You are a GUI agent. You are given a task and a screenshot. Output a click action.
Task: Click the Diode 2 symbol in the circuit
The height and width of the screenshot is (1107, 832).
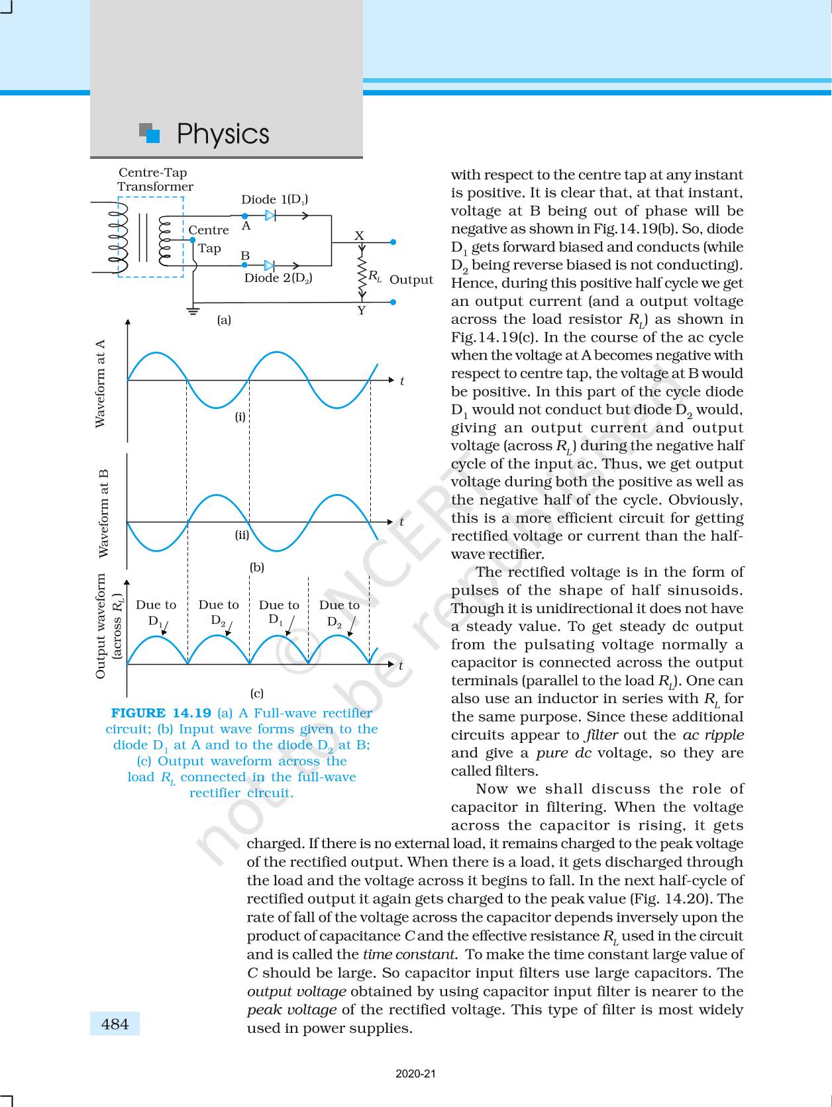269,265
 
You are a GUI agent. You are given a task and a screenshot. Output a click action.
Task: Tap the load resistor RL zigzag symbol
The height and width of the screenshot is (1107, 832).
362,276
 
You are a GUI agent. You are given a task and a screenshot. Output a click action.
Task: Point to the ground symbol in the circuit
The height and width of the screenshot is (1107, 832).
193,310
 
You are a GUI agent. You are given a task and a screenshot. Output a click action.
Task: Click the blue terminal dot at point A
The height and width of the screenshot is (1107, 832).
244,216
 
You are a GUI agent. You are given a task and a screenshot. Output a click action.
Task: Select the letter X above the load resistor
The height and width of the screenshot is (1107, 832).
359,236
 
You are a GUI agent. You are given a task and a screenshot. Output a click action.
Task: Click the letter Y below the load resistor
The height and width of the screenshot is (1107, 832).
361,311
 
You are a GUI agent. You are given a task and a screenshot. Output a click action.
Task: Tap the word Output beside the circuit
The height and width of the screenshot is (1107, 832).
411,279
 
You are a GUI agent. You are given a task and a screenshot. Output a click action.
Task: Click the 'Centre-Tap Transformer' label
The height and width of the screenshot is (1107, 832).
155,179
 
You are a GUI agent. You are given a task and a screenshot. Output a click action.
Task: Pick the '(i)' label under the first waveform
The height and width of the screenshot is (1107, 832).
240,417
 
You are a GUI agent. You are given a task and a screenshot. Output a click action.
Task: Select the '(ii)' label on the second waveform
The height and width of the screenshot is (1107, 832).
242,535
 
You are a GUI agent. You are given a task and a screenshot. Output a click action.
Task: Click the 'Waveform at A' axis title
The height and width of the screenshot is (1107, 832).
101,383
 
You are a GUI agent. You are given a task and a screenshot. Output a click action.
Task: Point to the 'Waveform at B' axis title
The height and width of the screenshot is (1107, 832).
103,513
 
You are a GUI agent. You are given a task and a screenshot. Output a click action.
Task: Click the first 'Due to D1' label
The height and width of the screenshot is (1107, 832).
156,612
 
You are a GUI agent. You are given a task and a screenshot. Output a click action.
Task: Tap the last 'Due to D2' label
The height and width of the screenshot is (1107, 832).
339,612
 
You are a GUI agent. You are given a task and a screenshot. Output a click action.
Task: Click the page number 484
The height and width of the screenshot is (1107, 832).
115,1024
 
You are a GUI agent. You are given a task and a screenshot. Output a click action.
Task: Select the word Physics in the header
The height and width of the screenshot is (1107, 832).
223,134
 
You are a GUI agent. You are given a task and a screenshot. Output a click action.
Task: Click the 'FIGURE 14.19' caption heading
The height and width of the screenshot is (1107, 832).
160,713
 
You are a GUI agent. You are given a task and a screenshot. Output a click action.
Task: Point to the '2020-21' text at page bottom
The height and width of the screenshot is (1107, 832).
416,1074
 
